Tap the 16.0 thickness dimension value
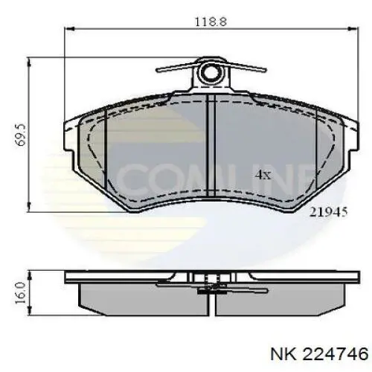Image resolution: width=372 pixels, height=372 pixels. click(x=23, y=289)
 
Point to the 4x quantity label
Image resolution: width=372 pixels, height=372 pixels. click(x=262, y=175)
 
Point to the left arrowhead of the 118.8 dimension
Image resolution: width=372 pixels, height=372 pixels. click(x=70, y=31)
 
